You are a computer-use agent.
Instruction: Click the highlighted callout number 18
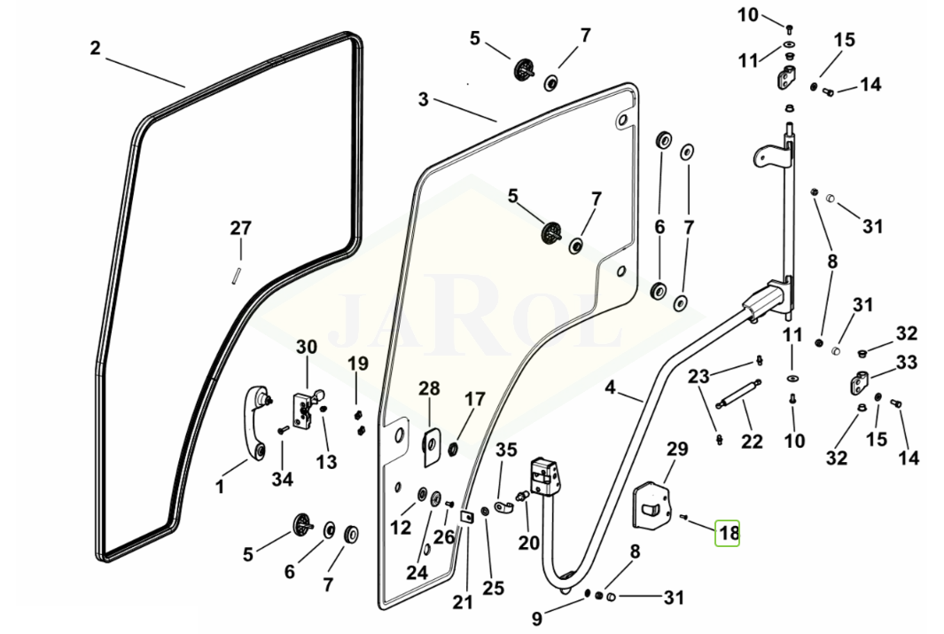[728, 533]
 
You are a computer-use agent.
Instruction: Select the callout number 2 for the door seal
[96, 48]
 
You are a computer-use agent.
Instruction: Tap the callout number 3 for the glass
[424, 99]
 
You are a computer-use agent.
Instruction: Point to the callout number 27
[241, 229]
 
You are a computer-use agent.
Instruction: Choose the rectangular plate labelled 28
[430, 446]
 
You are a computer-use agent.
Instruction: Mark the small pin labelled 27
[238, 273]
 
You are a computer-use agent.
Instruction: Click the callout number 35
[506, 450]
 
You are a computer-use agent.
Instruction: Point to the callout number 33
[906, 362]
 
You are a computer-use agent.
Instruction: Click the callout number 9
[537, 618]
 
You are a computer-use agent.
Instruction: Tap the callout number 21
[462, 603]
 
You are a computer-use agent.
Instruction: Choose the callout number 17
[475, 399]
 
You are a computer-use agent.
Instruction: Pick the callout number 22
[752, 440]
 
